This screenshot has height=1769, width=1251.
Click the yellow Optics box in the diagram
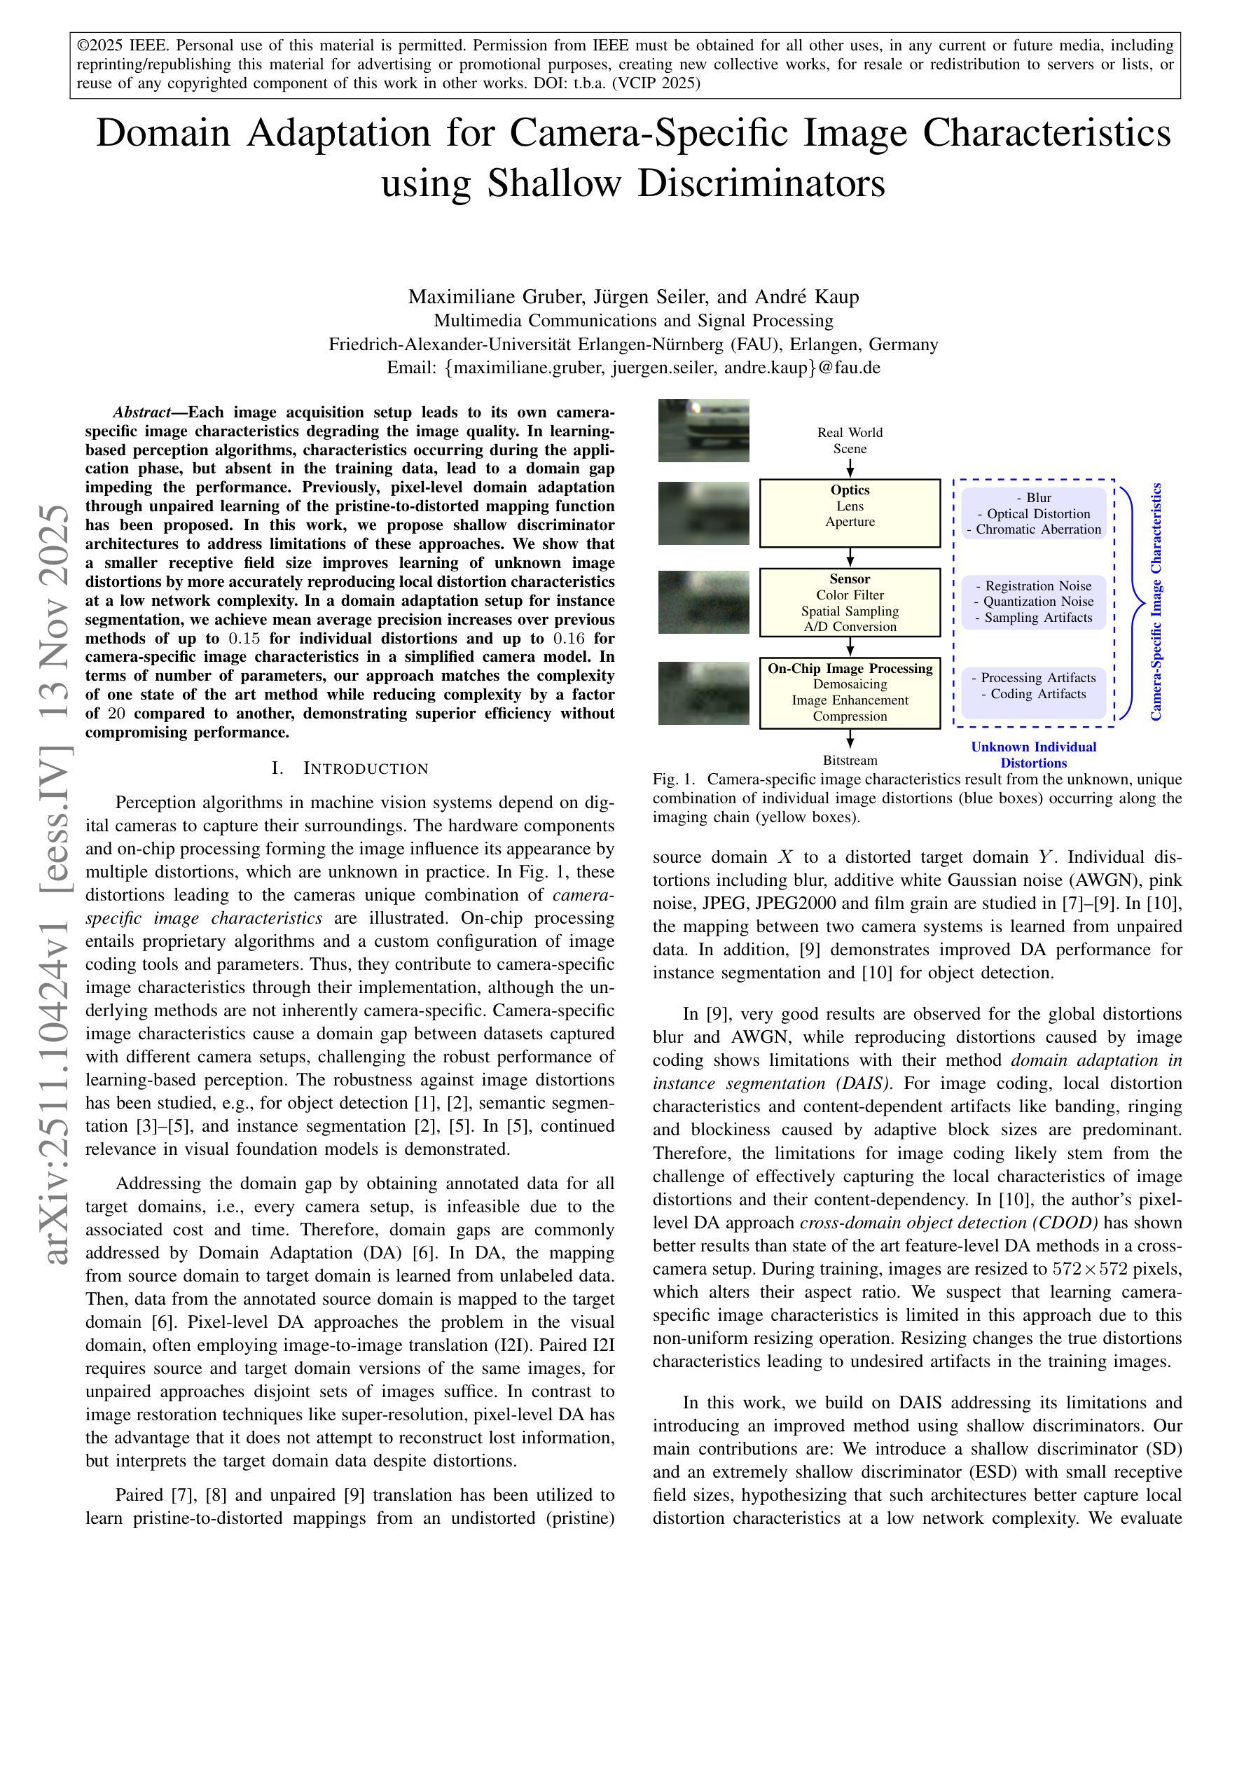[850, 513]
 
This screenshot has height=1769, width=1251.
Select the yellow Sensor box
[850, 602]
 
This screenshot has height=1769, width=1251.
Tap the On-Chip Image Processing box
[850, 693]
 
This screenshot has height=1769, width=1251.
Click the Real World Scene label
[850, 440]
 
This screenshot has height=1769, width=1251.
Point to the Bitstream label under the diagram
[850, 760]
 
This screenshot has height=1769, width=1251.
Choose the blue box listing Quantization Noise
[1034, 602]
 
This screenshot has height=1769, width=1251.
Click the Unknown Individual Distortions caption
[1033, 754]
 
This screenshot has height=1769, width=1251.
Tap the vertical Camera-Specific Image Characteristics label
[1156, 602]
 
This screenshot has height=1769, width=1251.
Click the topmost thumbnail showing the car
[703, 431]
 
